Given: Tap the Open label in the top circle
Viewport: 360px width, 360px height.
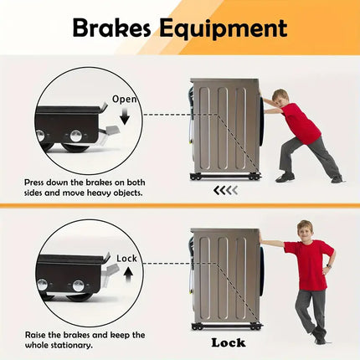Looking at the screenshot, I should pos(124,99).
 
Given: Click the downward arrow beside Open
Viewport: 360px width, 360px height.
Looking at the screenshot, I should pos(125,118).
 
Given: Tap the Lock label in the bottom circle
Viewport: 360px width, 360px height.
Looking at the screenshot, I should pos(127,259).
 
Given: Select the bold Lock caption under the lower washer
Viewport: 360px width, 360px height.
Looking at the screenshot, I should pos(228,342).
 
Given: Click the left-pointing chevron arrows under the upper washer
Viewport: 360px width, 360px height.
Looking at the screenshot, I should pos(225,190).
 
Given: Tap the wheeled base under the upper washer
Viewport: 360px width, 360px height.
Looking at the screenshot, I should pos(224,176).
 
